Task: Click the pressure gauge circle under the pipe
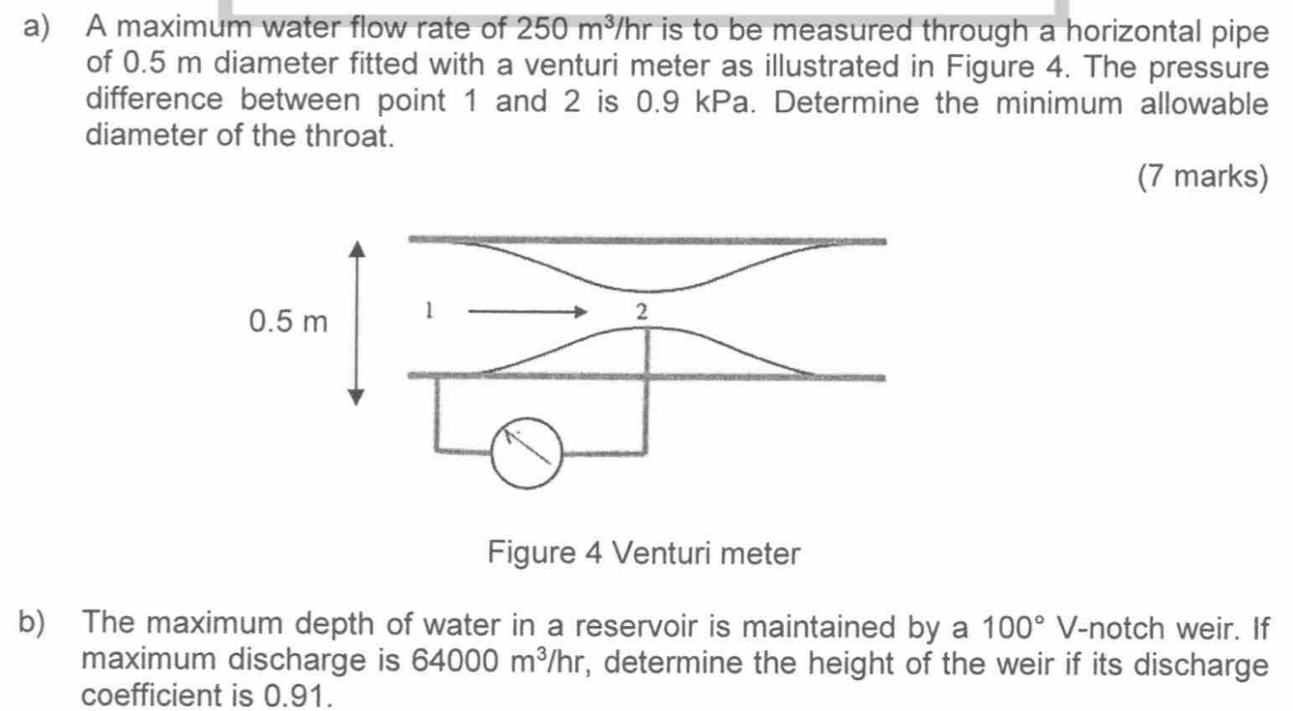[x=492, y=454]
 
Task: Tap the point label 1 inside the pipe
[x=428, y=310]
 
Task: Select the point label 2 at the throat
[x=642, y=312]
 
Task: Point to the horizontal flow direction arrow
[x=527, y=312]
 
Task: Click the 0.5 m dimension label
[x=288, y=321]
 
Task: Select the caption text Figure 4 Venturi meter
[x=644, y=553]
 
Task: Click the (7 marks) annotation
[x=1203, y=176]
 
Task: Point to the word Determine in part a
[x=847, y=102]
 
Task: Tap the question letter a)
[x=36, y=27]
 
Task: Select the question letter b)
[x=32, y=623]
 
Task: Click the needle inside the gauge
[x=527, y=446]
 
